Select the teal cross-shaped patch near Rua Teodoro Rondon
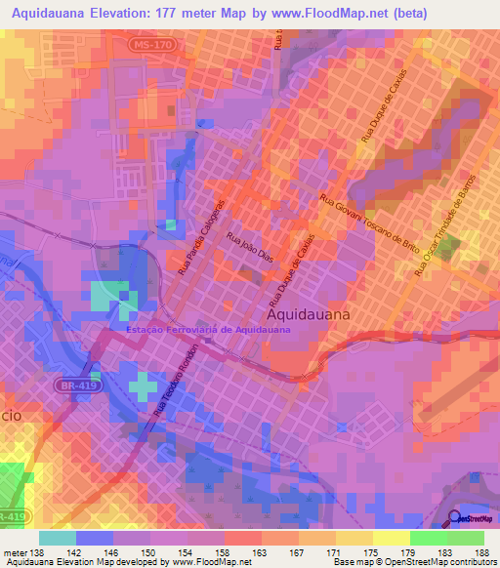(x=145, y=387)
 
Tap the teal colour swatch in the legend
(x=57, y=538)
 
